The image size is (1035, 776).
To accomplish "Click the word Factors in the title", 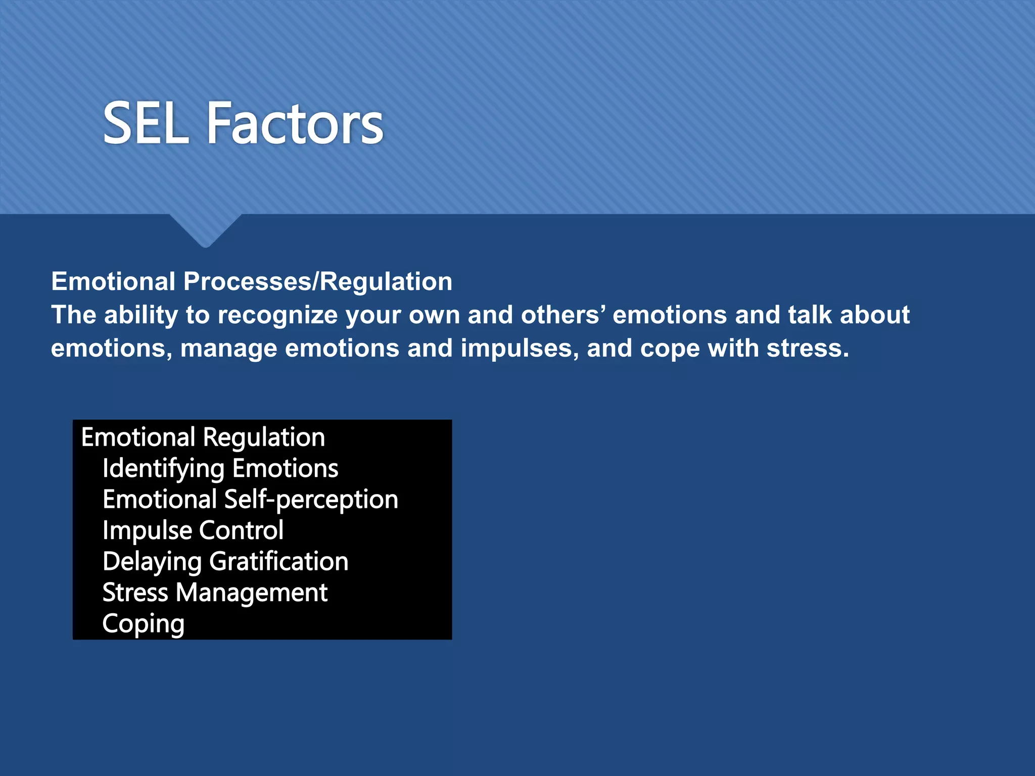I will click(x=295, y=123).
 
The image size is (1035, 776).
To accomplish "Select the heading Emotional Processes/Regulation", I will click(x=252, y=281).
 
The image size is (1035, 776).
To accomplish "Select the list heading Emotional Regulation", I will click(x=203, y=437).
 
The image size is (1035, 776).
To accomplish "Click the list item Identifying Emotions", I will click(x=220, y=468).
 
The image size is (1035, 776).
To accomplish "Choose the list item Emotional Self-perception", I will click(x=250, y=500).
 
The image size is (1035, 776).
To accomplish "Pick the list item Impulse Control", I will click(x=193, y=530).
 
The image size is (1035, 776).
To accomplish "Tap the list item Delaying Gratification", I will click(x=225, y=562).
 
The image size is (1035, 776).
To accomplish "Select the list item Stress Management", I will click(x=215, y=593).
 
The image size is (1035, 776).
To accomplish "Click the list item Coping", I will click(x=143, y=624).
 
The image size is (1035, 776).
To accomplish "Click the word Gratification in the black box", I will click(x=278, y=562).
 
